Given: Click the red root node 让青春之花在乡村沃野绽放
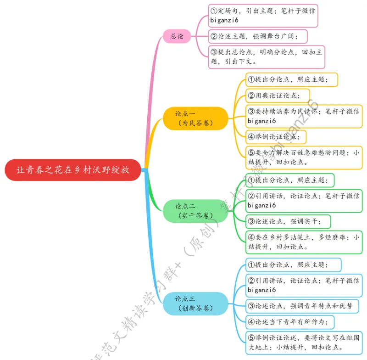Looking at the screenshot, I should (72, 170).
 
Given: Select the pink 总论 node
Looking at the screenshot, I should (177, 36).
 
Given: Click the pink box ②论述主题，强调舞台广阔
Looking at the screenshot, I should (258, 36).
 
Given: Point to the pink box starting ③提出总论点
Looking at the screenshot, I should (266, 56).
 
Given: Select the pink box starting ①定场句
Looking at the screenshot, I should (263, 15).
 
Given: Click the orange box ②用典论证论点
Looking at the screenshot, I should (276, 96).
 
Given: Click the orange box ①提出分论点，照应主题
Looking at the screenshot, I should (292, 79).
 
